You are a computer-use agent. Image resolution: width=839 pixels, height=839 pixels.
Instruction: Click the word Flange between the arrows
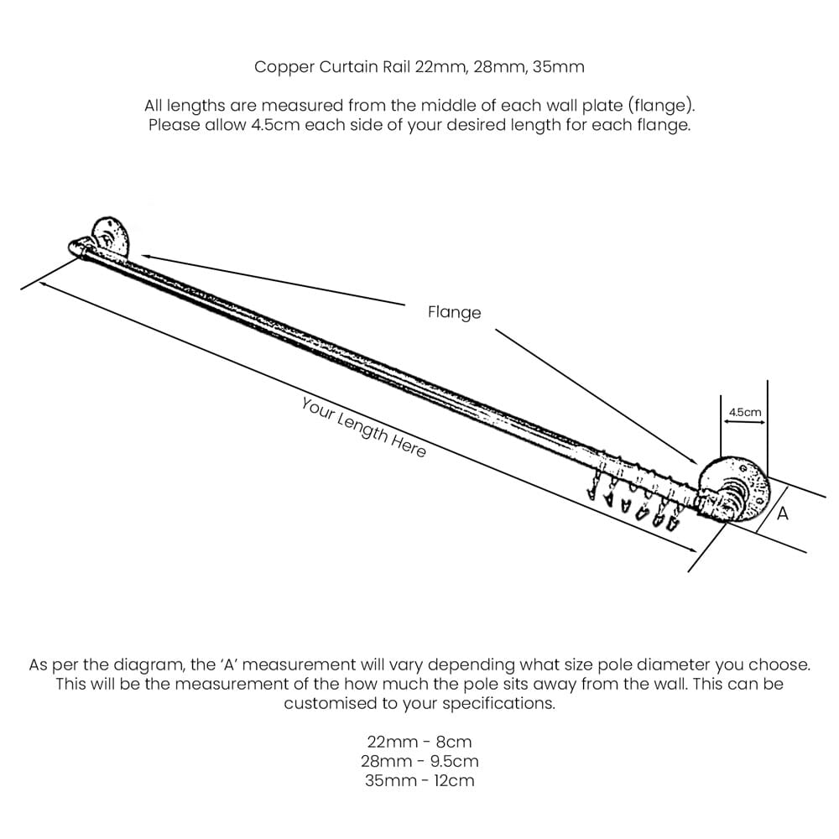click(x=454, y=312)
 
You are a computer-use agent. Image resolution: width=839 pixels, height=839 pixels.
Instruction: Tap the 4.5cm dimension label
click(x=745, y=412)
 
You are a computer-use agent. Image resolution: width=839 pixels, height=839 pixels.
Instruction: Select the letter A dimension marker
click(x=782, y=513)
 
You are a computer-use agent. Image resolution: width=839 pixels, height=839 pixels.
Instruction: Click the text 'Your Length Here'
click(x=364, y=428)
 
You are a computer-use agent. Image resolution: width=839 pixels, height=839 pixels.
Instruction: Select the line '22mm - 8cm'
click(x=419, y=743)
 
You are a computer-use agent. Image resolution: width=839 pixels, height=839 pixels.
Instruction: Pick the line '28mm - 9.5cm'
click(x=419, y=762)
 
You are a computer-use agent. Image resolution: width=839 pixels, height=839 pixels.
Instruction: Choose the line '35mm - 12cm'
click(x=419, y=780)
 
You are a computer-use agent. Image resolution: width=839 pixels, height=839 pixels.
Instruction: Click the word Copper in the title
click(x=284, y=67)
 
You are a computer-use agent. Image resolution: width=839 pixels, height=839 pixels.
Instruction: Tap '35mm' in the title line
click(x=559, y=67)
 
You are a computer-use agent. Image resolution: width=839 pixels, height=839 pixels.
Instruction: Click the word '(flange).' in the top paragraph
click(x=661, y=106)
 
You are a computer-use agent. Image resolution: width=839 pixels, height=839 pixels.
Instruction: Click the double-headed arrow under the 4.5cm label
click(x=744, y=422)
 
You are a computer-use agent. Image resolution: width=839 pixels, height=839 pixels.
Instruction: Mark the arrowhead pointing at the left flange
click(x=145, y=258)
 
